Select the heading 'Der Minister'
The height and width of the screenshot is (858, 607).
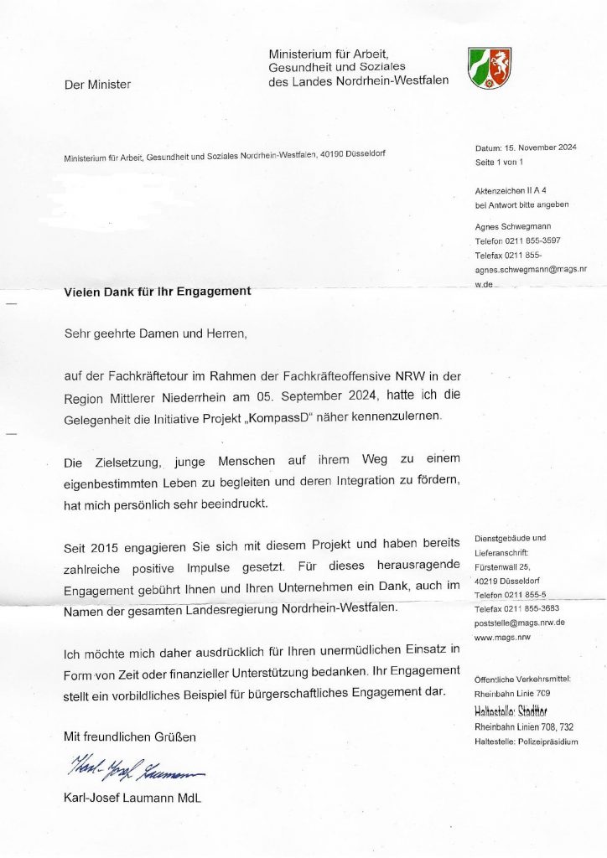click(97, 84)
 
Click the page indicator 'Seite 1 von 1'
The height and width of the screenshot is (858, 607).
click(499, 161)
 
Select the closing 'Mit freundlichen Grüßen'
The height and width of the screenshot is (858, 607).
click(130, 737)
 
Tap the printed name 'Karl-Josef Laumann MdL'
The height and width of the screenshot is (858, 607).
click(132, 798)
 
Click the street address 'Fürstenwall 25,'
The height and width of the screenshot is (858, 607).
click(502, 566)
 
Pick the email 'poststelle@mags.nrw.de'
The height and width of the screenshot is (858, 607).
click(519, 623)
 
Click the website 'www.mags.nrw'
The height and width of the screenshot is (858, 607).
click(502, 637)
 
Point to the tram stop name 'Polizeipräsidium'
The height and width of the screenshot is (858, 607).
click(548, 742)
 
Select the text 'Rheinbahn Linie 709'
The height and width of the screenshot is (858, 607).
click(511, 693)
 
